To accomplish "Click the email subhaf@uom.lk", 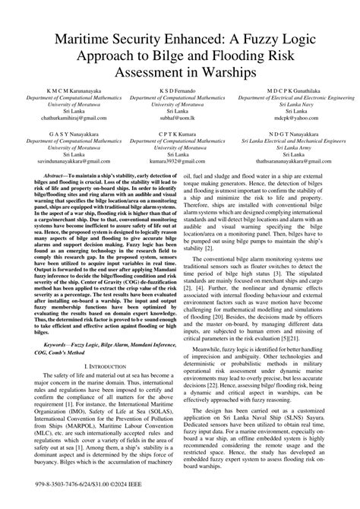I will tap(180, 118).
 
